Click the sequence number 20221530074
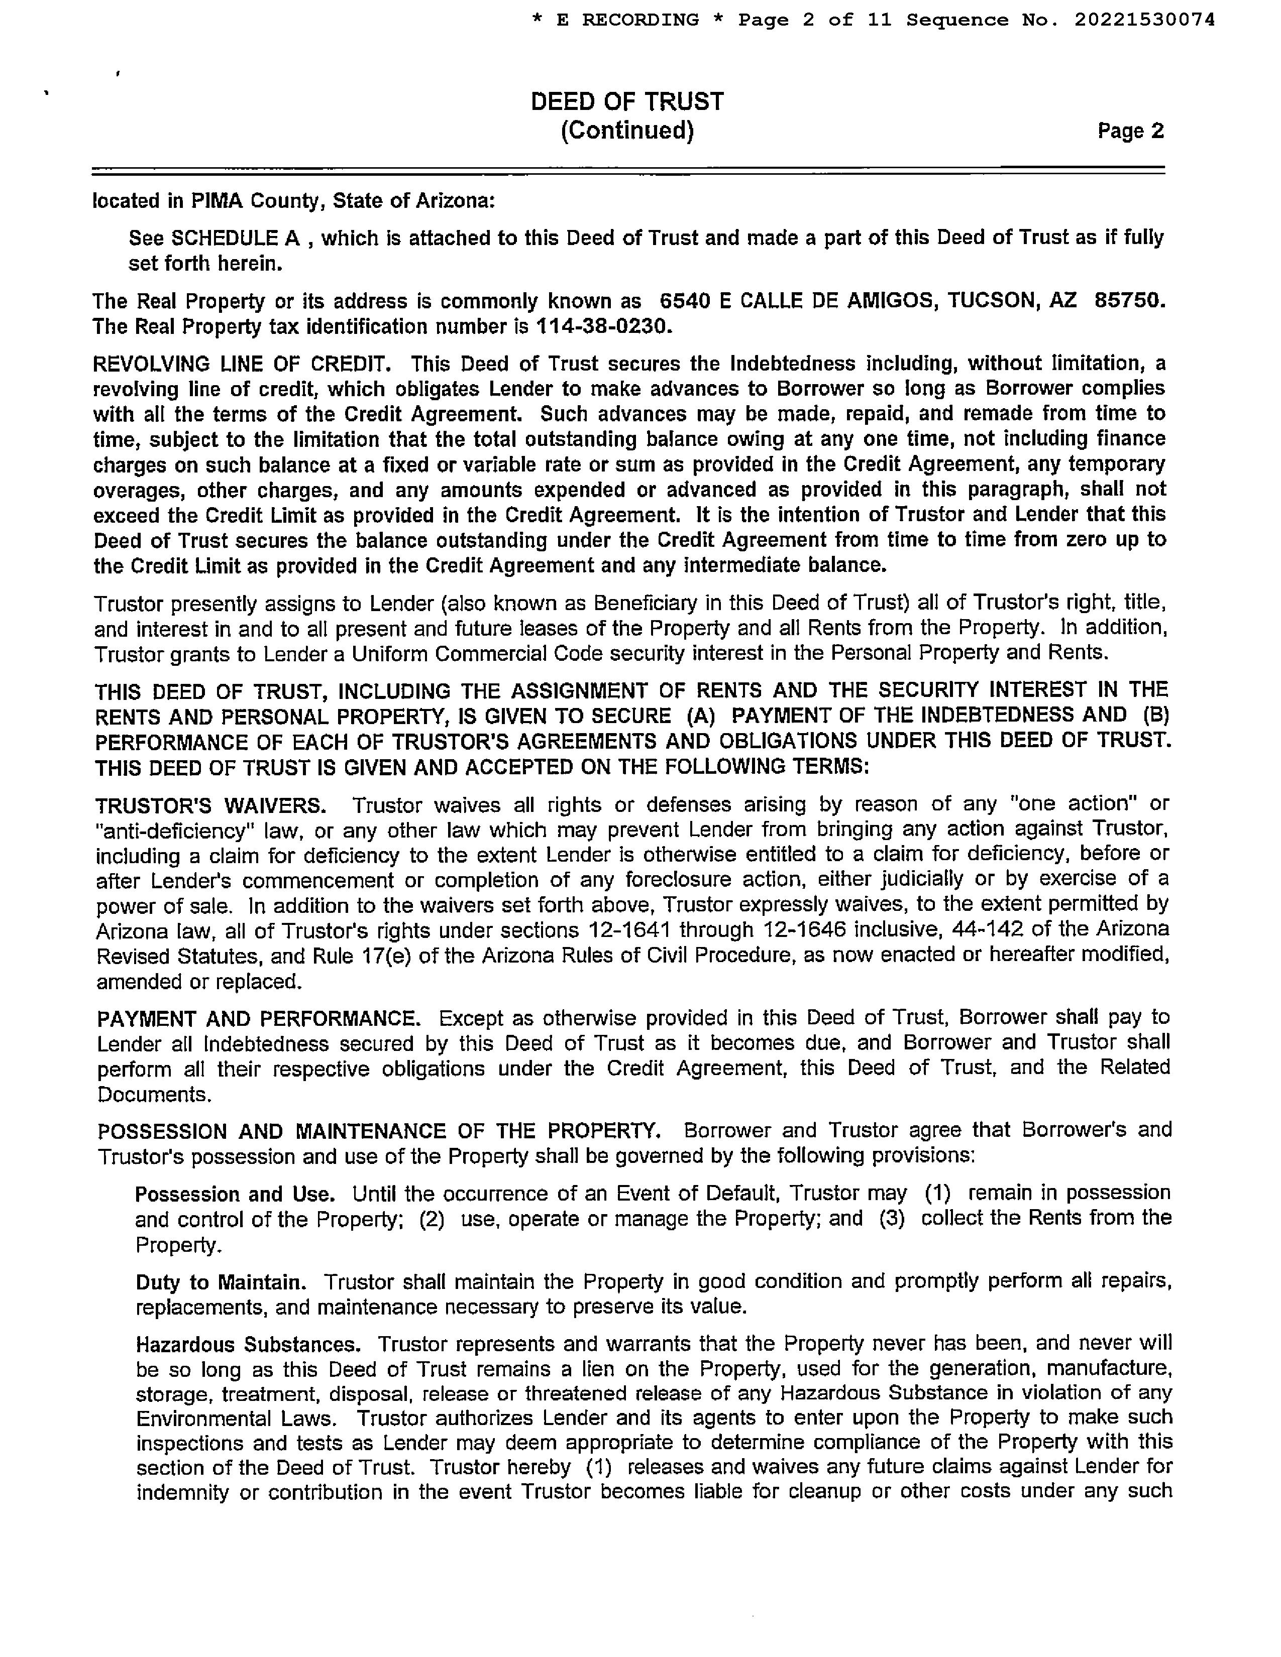(x=1144, y=20)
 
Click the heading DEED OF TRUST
(x=627, y=101)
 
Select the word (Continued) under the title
(x=627, y=131)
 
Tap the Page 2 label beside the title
(x=1130, y=131)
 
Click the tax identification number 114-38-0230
(x=603, y=327)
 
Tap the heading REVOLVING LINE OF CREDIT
(x=241, y=364)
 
